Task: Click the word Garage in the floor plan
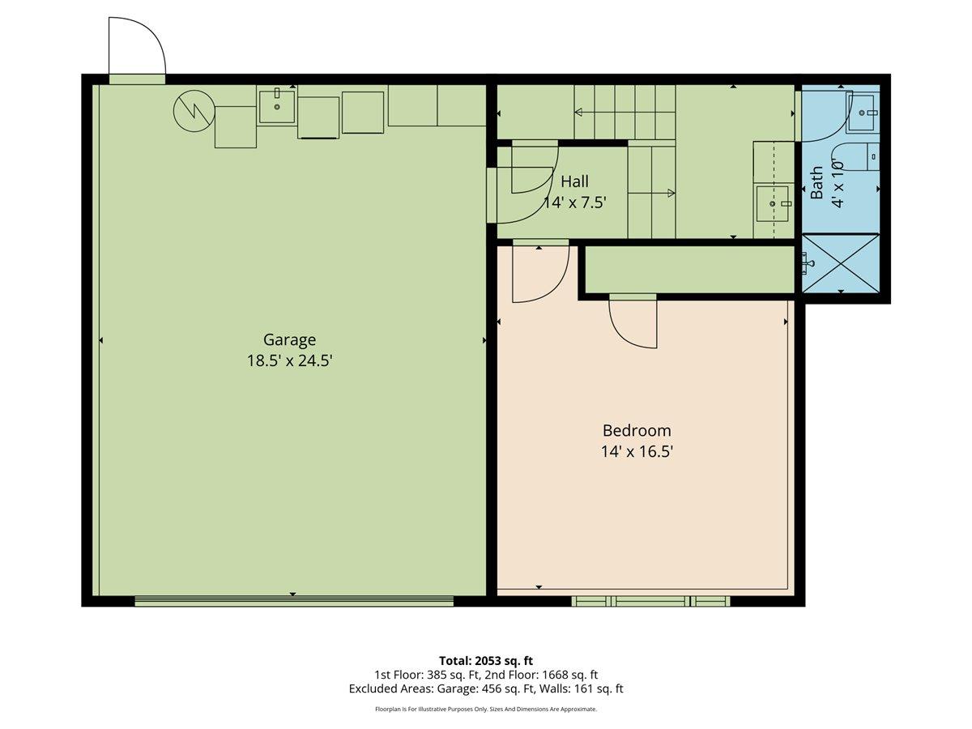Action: (x=289, y=339)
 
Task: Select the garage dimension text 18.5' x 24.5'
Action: (x=289, y=360)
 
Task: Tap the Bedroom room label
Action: (x=637, y=430)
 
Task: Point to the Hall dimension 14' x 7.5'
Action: (x=574, y=202)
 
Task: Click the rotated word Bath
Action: (x=817, y=183)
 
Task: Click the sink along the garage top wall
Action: (x=277, y=106)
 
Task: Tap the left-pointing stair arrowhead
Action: (x=578, y=112)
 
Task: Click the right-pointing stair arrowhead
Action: (x=671, y=193)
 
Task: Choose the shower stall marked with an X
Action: (x=841, y=264)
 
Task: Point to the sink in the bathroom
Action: (x=863, y=108)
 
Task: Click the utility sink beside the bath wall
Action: (x=772, y=203)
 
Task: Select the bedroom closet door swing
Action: (x=633, y=322)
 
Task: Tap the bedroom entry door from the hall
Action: (x=539, y=273)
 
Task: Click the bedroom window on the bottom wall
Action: (x=650, y=601)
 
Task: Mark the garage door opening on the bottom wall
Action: (x=293, y=600)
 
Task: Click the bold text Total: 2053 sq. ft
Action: (x=486, y=660)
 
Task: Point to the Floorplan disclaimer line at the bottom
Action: (x=486, y=709)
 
